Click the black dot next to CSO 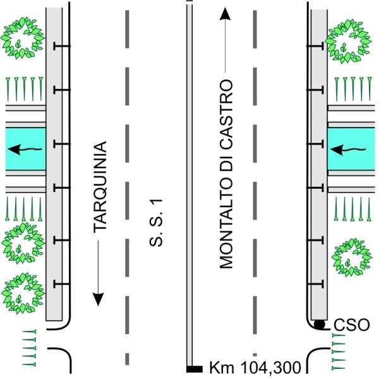tap(320, 325)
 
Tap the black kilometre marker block tap(195, 368)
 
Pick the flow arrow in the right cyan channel tap(346, 150)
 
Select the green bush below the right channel tap(350, 256)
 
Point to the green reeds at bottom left tap(29, 347)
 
